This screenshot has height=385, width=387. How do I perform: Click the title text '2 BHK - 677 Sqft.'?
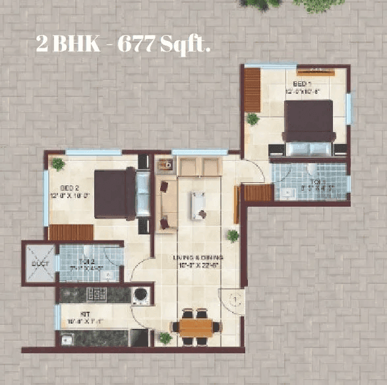(x=123, y=46)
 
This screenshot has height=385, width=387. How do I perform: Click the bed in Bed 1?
(x=308, y=129)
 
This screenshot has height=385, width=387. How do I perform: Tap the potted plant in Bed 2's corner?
(x=58, y=163)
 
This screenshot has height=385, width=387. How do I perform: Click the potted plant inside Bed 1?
(x=252, y=119)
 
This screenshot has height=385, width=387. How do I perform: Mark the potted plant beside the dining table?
(x=165, y=338)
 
